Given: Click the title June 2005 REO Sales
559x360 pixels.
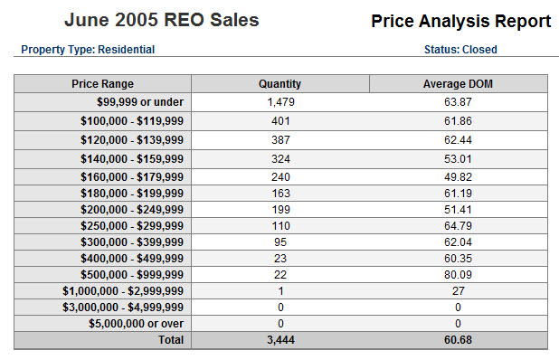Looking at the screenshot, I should point(161,20).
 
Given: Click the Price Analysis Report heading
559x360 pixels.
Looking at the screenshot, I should point(460,22).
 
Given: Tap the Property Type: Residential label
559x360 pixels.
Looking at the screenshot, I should point(88,50).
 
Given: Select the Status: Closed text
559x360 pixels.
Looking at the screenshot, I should point(460,50).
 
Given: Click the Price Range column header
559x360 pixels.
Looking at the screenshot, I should point(102,84).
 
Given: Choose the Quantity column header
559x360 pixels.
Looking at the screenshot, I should point(279,84).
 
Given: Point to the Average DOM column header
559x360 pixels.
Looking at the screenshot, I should point(458,84).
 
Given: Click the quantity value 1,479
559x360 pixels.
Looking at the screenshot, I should point(280,102).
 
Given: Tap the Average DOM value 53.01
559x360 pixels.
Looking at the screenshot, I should point(458,157).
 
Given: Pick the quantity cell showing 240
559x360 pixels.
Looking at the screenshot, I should point(280,176).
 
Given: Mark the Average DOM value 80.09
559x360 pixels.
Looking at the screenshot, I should point(458,274).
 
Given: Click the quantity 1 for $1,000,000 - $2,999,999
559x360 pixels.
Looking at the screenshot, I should point(280,290).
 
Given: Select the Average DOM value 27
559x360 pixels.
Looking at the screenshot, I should point(458,290).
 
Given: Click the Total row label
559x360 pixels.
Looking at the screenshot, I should point(169,340).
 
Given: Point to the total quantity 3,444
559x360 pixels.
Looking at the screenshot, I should point(280,340).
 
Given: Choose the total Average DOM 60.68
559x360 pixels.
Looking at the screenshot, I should point(458,340).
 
